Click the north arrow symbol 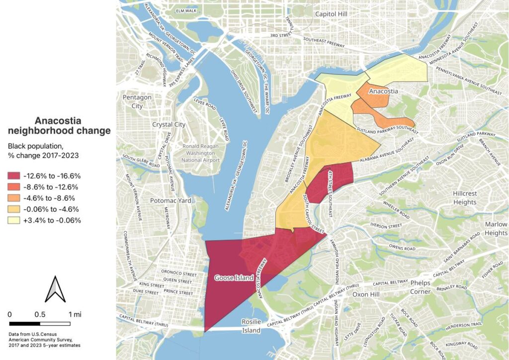pos(55,290)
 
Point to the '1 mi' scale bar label pos(75,314)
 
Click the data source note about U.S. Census pos(45,340)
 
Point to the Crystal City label pos(169,124)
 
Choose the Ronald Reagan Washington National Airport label pos(204,154)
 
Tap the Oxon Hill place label pos(366,294)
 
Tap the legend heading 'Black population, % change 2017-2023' pos(43,151)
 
